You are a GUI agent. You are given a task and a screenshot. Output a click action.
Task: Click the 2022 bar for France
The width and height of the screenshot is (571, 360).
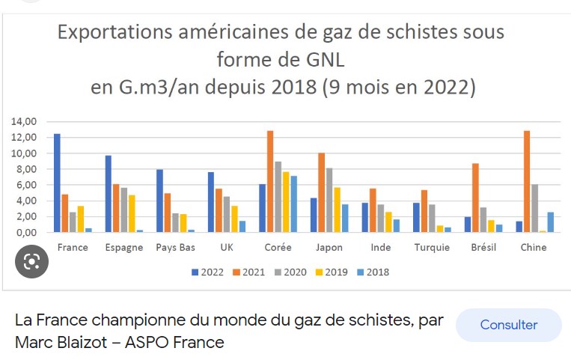point(57,183)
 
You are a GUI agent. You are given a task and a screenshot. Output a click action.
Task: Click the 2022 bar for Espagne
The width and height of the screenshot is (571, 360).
point(109,194)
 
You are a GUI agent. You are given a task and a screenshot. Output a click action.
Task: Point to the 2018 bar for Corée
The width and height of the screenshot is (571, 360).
point(293,204)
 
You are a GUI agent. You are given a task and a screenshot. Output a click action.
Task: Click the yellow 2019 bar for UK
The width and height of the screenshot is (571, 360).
point(234,219)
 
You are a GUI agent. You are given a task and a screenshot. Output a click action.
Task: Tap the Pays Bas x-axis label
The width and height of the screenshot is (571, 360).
point(177,247)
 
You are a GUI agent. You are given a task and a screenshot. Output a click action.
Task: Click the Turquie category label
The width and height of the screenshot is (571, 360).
point(432,247)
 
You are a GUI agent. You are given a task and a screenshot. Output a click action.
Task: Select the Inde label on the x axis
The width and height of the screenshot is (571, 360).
point(381,247)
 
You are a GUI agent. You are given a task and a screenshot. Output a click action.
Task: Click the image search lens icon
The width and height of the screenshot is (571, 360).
point(31,261)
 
